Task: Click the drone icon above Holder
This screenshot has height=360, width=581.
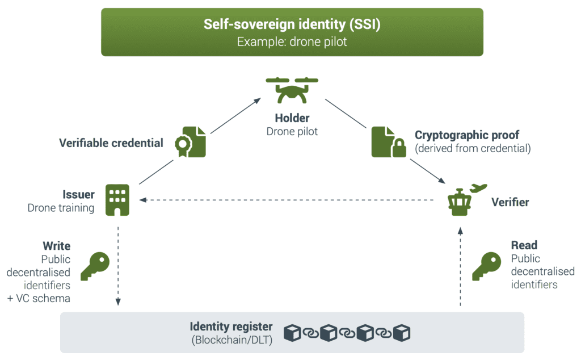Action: (x=292, y=90)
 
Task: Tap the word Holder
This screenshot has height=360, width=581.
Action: (x=292, y=118)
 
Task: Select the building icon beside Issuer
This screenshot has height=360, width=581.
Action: (x=117, y=200)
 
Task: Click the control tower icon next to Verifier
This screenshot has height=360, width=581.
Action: (x=460, y=203)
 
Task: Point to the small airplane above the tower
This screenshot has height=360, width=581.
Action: (x=478, y=188)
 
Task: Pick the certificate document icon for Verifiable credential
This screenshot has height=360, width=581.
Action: (x=191, y=142)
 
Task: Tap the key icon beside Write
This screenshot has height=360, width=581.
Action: (x=95, y=266)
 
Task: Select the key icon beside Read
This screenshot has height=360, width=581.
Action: (x=486, y=266)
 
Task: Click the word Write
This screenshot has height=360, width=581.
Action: (x=57, y=246)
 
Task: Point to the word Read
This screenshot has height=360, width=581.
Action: (x=524, y=245)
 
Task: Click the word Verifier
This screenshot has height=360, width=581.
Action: (x=510, y=202)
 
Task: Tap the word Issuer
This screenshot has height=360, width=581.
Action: (x=78, y=194)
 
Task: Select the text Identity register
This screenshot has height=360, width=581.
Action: (x=231, y=326)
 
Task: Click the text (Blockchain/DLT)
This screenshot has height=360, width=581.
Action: (x=232, y=340)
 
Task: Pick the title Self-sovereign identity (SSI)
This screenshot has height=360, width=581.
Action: (x=292, y=24)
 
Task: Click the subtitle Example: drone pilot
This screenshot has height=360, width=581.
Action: (x=292, y=41)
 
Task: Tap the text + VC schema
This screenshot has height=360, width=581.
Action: (x=39, y=298)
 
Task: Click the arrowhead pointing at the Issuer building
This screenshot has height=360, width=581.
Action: (x=142, y=200)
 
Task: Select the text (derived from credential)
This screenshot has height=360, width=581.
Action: (x=473, y=148)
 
